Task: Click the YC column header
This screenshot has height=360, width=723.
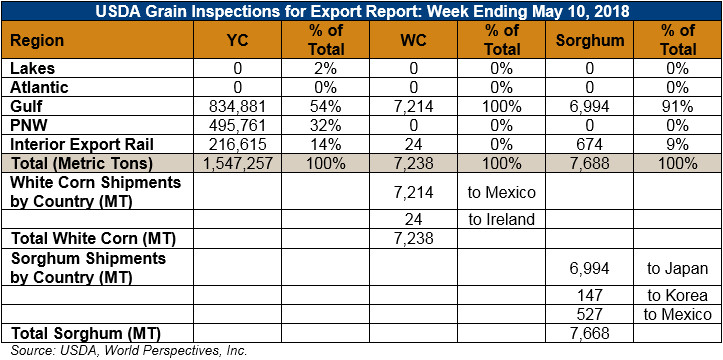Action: pos(238,41)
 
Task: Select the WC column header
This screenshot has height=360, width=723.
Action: pos(414,41)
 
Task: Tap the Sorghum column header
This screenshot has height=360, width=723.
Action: pos(590,41)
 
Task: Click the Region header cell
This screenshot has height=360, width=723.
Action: pos(37,41)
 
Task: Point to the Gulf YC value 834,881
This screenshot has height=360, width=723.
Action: pos(238,106)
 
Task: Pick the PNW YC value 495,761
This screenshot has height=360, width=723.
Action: pos(238,125)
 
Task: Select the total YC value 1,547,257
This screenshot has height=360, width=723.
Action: pos(238,163)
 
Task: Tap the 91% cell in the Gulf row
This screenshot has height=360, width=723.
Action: pos(677,106)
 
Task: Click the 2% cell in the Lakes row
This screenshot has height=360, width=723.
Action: pos(326,69)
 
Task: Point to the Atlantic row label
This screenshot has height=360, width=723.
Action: pos(40,88)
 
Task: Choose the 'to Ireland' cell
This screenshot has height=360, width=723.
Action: pos(502,219)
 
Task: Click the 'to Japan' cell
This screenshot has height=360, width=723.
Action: pos(677,269)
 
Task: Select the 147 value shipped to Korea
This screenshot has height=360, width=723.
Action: pos(590,295)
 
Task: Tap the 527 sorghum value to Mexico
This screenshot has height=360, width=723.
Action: pos(590,314)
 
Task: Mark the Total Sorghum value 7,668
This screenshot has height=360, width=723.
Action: pos(590,333)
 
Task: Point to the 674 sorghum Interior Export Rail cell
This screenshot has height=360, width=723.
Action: pos(590,144)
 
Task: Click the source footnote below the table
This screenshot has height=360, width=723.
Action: pos(129,350)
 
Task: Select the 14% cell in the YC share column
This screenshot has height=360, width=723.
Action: pos(326,144)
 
